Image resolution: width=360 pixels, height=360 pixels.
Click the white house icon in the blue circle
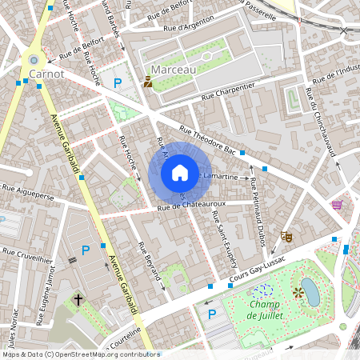[x=180, y=173]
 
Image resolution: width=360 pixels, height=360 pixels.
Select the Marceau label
[x=173, y=70]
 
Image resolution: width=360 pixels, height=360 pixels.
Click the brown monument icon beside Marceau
[x=147, y=81]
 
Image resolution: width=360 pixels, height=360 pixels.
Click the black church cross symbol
[x=78, y=299]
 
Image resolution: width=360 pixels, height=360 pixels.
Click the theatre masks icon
[x=286, y=237]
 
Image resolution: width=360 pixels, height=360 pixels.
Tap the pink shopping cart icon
[x=337, y=205]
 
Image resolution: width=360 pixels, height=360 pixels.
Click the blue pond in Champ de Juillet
[x=310, y=292]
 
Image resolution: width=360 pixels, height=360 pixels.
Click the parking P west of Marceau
[x=118, y=82]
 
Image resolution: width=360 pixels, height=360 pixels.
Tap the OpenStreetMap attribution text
[x=80, y=354]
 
